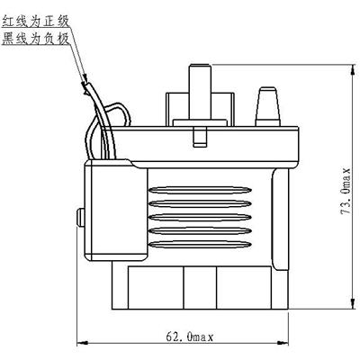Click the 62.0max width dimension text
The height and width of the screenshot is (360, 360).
coord(190,337)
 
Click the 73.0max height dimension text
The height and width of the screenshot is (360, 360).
coord(346,191)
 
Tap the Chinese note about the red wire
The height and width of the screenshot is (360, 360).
coord(36,22)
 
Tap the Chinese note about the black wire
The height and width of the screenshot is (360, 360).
coord(36,39)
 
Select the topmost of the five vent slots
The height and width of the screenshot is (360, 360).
coord(200,190)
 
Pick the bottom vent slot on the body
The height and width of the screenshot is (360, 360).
coord(200,244)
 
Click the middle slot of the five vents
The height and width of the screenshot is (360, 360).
coord(200,217)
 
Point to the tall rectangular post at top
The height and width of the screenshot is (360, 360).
coord(200,92)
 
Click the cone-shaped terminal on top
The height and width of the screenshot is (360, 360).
coord(267,106)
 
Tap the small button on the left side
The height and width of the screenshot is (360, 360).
coord(81,218)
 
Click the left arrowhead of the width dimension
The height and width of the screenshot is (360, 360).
coord(82,342)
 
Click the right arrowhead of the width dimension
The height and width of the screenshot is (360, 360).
coord(283,342)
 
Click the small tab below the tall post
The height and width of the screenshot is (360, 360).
coord(200,137)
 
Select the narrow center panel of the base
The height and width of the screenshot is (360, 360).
coord(200,287)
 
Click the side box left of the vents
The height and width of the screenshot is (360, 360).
coord(116,210)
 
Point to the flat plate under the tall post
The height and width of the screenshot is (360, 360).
coord(200,122)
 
